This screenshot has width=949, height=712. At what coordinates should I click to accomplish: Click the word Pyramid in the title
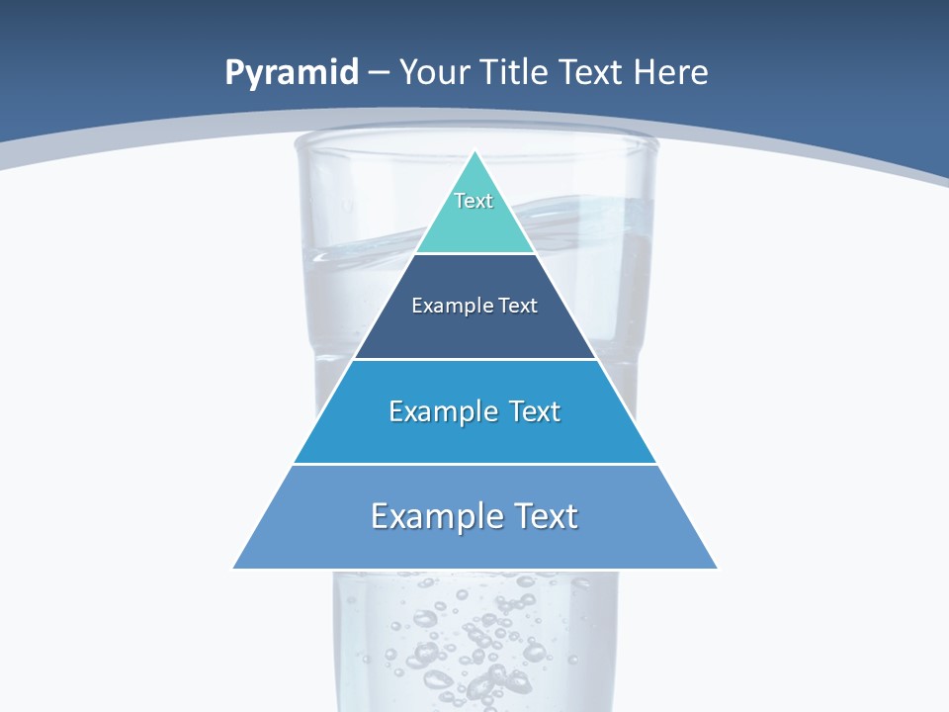(292, 73)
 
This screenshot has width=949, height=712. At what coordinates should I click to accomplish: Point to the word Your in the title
(434, 72)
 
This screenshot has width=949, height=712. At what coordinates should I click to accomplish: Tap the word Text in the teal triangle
(474, 201)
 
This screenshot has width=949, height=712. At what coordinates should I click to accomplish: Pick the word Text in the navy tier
(518, 306)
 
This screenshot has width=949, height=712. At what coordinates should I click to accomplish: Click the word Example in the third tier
(443, 411)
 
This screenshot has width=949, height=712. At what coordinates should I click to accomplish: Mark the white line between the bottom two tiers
(474, 464)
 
